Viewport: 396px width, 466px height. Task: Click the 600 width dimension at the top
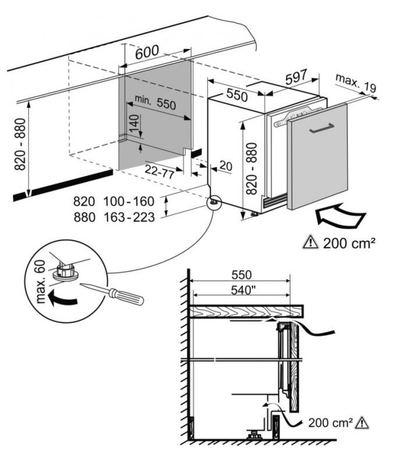(146, 52)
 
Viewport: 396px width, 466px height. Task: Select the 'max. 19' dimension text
(355, 83)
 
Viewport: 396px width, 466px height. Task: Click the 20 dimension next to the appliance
(225, 167)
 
